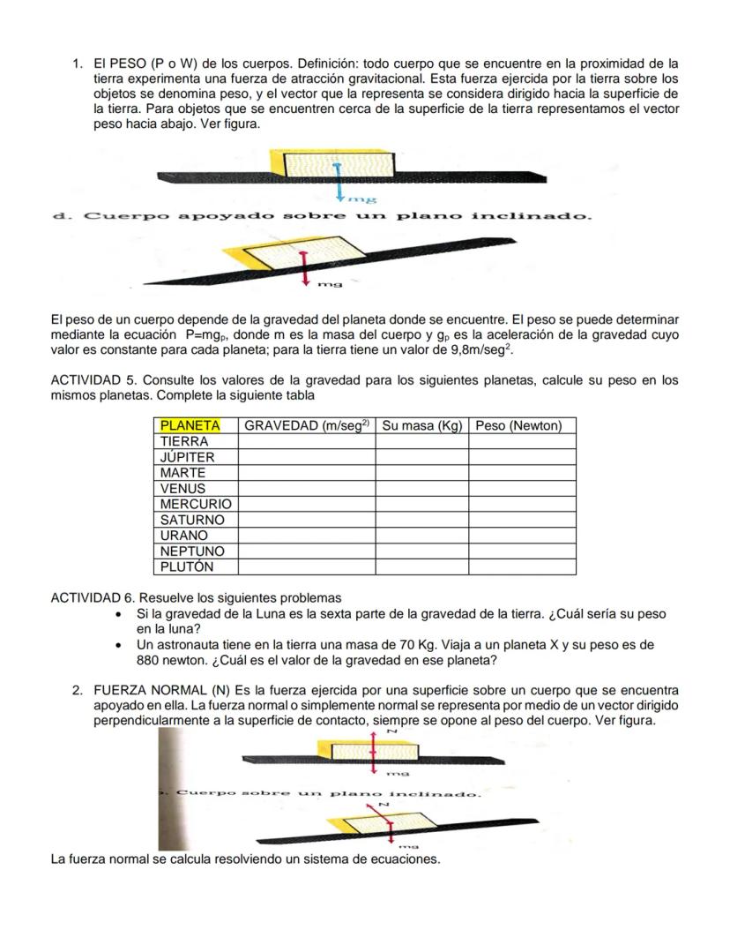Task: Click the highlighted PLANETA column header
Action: coord(190,425)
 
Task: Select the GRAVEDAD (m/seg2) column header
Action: coord(307,425)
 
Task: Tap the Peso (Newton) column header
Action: coord(518,425)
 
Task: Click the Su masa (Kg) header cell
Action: coord(422,425)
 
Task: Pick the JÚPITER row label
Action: coord(188,457)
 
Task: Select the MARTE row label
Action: coord(182,473)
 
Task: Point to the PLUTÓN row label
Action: coord(187,566)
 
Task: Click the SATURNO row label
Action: coord(192,520)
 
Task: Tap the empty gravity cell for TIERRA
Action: coord(307,441)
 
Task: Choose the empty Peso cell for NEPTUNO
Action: coord(522,551)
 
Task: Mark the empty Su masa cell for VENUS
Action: coord(422,488)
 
